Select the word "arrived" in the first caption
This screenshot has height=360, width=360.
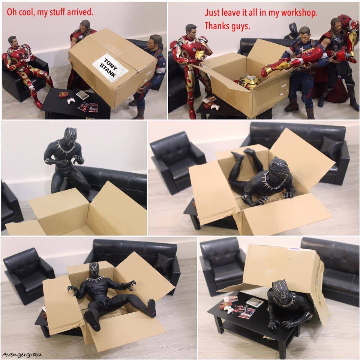tap(80, 12)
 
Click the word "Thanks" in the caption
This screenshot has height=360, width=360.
tap(216, 26)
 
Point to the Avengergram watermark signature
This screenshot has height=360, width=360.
tap(22, 355)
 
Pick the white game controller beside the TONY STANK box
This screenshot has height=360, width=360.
tap(71, 100)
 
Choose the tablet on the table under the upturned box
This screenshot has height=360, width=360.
tap(254, 302)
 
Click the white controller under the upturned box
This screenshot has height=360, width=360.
tap(228, 309)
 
